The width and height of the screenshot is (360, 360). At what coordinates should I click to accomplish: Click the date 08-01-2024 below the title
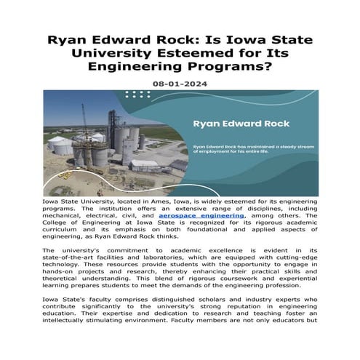click(x=179, y=84)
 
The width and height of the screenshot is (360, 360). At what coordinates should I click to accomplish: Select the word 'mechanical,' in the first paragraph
click(x=67, y=216)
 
